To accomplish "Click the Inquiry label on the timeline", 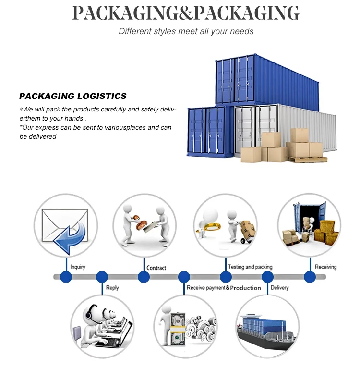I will tap(78, 267).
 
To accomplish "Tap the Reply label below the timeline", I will tap(112, 287).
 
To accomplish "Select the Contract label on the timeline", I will tap(156, 268).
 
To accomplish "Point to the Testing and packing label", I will tap(250, 267).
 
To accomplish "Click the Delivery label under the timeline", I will tap(279, 287).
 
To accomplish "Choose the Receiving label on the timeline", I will tap(325, 267).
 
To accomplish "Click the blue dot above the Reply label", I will tap(102, 277).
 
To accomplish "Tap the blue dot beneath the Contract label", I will tap(144, 277).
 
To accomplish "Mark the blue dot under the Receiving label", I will tap(310, 277).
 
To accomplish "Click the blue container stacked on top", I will tap(266, 79).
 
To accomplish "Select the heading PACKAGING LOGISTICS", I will tap(73, 96).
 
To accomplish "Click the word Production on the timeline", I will tap(245, 288).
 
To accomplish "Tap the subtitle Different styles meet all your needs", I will tap(186, 31).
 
